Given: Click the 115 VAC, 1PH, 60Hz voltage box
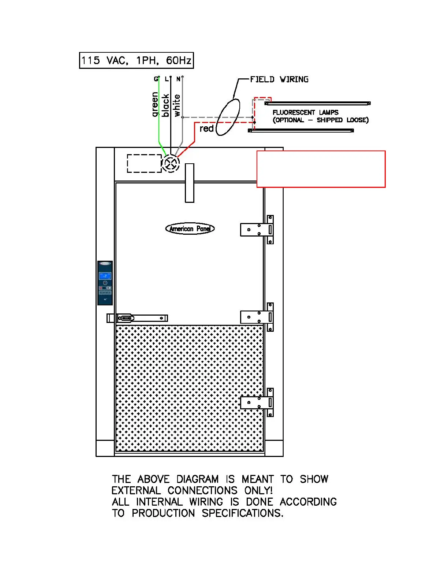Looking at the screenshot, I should tap(136, 60).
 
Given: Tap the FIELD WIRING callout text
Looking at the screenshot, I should tap(279, 79).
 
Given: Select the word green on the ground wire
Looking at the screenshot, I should tap(155, 104).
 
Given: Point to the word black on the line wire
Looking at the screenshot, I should tap(165, 105).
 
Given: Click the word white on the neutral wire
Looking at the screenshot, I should tap(177, 105).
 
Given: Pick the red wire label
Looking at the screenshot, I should tap(206, 129).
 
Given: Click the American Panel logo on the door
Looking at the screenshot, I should tap(190, 229).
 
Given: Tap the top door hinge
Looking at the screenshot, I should tap(257, 230).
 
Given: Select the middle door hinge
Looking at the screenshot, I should tap(257, 317).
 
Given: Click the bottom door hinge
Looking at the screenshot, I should tap(257, 402).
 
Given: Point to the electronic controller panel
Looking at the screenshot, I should tap(105, 283).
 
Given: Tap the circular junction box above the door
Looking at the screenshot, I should tap(171, 163).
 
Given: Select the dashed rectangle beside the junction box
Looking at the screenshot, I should tap(144, 163).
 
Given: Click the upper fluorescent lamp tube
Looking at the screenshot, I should tap(318, 103).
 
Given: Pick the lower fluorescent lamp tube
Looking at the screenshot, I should tap(301, 130).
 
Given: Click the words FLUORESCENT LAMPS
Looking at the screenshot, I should tap(305, 112).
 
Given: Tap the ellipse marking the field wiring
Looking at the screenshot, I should tap(228, 117).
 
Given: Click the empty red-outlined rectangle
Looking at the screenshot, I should tap(321, 169).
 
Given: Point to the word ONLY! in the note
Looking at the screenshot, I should tap(258, 491).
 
